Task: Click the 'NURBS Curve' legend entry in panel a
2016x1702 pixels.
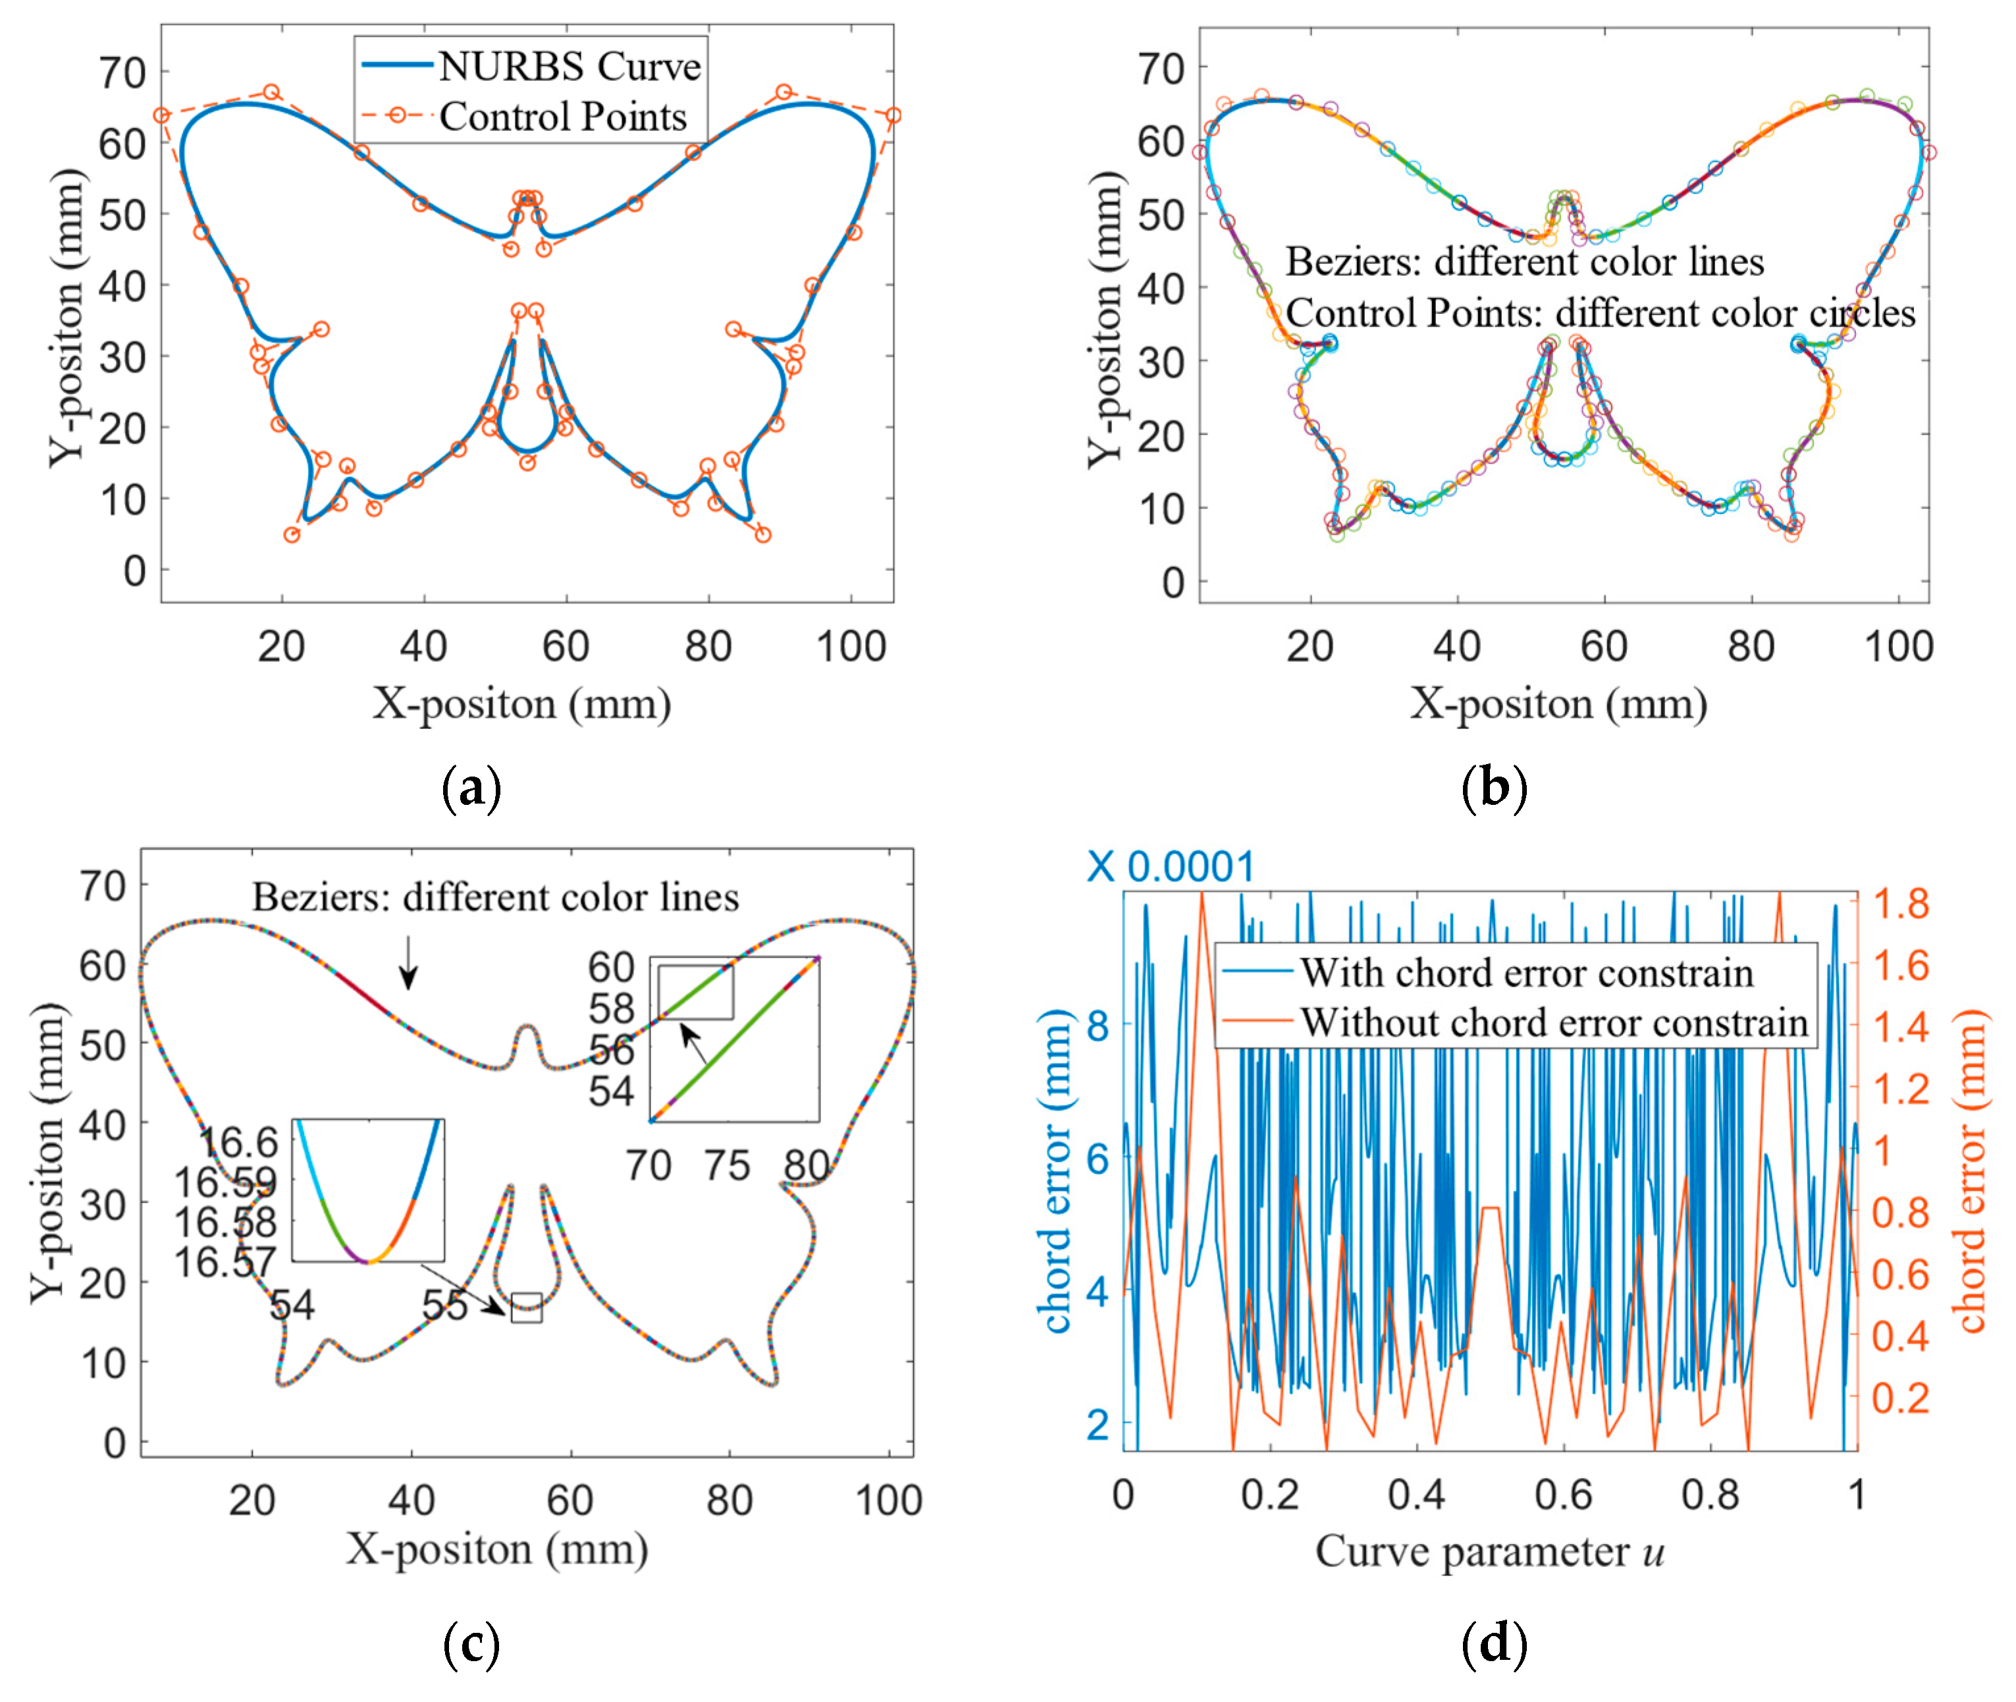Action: (x=569, y=66)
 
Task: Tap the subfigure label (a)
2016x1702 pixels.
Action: (x=471, y=788)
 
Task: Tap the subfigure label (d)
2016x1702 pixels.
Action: (x=1493, y=1643)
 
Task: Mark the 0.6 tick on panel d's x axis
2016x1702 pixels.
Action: (x=1562, y=1495)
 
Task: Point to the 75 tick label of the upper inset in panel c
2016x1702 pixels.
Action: (x=726, y=1166)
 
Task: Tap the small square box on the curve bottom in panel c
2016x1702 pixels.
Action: (x=527, y=1307)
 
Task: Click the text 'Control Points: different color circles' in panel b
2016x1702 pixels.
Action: (x=1599, y=313)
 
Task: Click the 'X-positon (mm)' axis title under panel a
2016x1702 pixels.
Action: (x=522, y=703)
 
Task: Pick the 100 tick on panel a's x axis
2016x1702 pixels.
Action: (x=850, y=645)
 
